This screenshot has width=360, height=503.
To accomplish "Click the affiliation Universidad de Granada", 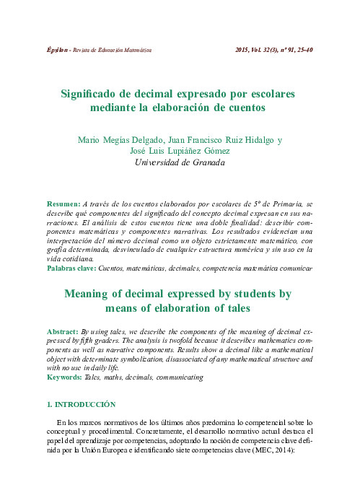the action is pos(180,163).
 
